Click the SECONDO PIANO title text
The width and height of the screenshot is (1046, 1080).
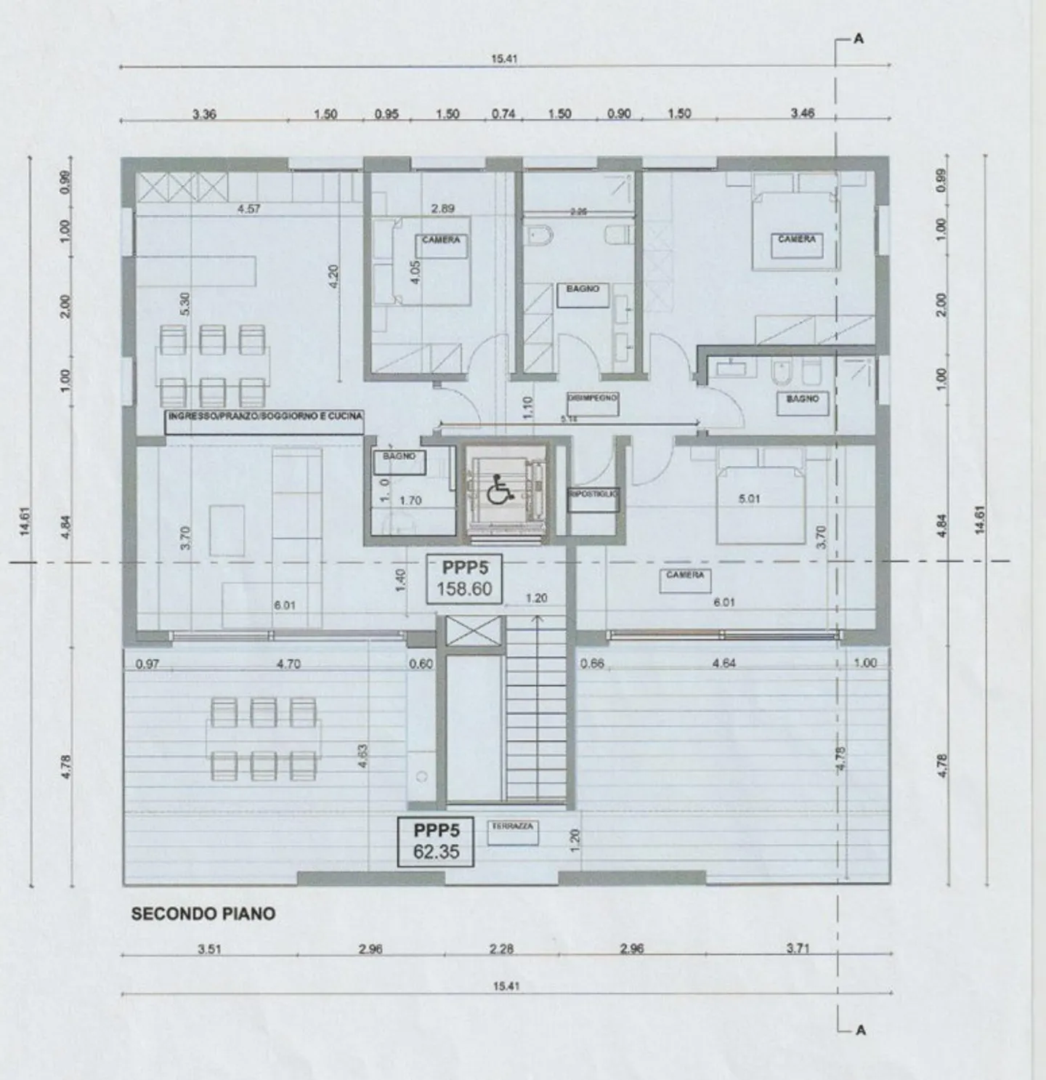(x=203, y=914)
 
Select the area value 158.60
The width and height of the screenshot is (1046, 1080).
(x=464, y=589)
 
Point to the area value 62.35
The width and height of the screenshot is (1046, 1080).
(x=436, y=851)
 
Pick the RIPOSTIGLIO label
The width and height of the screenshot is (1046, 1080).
(x=593, y=494)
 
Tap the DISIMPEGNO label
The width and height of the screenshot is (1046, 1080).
(x=592, y=398)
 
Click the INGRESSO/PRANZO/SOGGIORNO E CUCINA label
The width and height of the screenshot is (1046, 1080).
(x=265, y=416)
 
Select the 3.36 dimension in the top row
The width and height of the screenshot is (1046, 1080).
(x=204, y=114)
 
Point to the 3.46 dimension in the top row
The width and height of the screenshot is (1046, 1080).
(x=803, y=113)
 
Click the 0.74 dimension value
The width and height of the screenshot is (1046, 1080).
(x=503, y=114)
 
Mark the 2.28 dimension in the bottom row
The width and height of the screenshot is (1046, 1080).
(x=501, y=949)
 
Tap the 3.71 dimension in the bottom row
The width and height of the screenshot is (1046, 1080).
(x=798, y=948)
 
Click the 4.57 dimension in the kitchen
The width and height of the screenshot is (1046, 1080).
(x=248, y=209)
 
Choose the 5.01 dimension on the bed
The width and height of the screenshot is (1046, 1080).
(x=748, y=499)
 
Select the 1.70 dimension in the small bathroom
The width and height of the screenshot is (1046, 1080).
(x=410, y=501)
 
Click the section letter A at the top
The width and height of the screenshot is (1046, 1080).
(x=859, y=39)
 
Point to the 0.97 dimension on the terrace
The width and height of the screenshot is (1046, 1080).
(x=147, y=664)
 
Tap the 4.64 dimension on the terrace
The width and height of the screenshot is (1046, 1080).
(x=723, y=664)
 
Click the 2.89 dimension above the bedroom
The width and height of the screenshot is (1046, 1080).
(x=442, y=209)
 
